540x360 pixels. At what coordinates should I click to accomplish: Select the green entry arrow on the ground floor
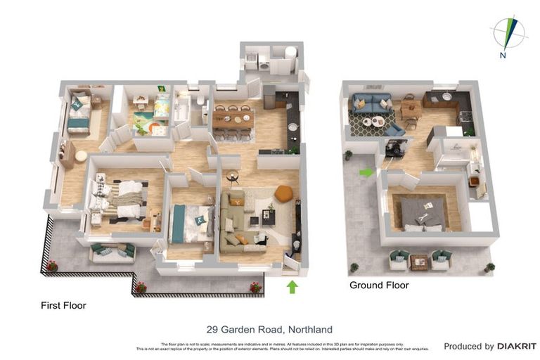(366, 172)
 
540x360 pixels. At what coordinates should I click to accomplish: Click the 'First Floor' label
(63, 306)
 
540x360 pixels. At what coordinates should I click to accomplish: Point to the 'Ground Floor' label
(379, 285)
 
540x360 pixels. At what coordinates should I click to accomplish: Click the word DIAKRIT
(517, 346)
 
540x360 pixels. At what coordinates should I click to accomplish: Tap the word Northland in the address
(309, 329)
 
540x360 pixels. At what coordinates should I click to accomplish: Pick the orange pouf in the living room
(283, 193)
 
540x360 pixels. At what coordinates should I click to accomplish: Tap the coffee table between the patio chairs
(420, 262)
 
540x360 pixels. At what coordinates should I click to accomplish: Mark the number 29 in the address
(212, 329)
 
